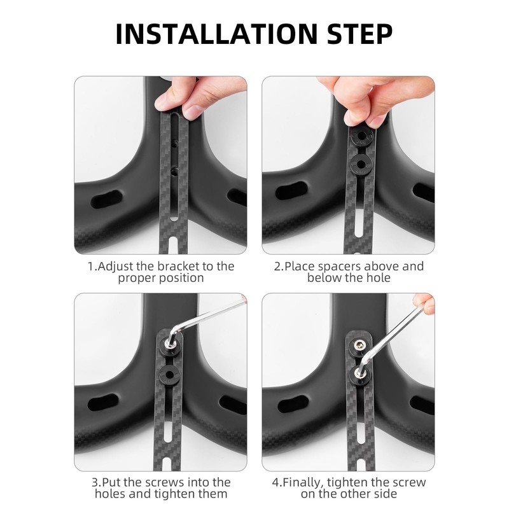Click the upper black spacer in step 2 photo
(x=361, y=136)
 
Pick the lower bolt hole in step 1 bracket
(x=173, y=170)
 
